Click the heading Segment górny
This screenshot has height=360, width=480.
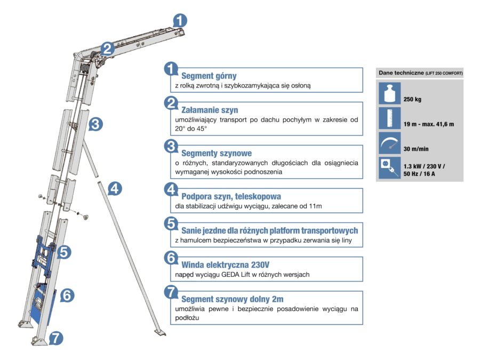click(209, 76)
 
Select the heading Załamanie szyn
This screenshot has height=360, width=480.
click(210, 110)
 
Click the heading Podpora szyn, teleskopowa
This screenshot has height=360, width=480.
click(231, 196)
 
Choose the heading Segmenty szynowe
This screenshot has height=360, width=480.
click(217, 153)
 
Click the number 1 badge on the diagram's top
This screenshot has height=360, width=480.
click(180, 20)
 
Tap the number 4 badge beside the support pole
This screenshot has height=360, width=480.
click(115, 189)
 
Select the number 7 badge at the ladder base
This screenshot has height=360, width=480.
click(56, 337)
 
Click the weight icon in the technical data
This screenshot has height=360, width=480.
click(389, 93)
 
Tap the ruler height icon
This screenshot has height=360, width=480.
click(389, 118)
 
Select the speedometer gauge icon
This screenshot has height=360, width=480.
click(389, 143)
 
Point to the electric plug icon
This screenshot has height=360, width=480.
click(389, 167)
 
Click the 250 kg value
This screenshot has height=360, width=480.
click(413, 99)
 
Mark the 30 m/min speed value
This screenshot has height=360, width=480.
click(415, 149)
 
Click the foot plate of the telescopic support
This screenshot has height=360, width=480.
click(159, 333)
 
